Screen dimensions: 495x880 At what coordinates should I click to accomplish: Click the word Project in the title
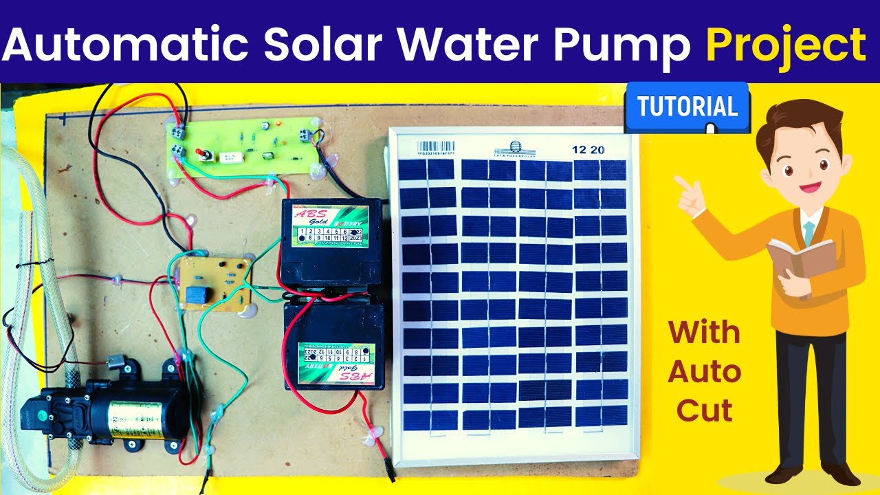786,46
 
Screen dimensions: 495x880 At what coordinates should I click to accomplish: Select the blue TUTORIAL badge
687,107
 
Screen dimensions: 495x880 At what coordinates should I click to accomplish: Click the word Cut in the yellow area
704,410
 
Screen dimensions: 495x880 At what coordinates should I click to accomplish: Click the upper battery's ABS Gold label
329,225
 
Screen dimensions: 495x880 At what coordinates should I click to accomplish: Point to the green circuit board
244,146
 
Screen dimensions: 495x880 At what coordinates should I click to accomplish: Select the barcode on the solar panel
436,146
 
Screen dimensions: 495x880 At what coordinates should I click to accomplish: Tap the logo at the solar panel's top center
511,148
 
